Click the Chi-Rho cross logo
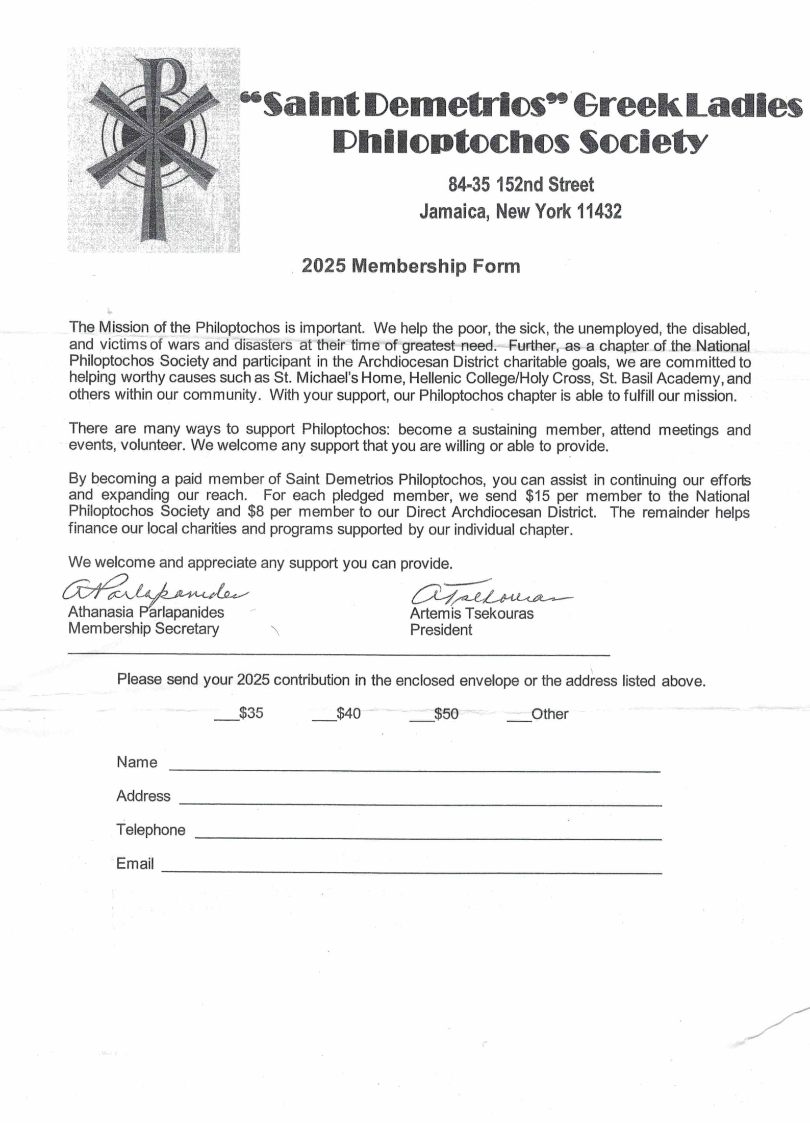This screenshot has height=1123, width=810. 154,150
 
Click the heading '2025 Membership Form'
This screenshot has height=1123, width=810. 411,266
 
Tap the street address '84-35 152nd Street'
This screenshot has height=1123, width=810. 521,184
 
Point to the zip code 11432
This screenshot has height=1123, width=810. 599,211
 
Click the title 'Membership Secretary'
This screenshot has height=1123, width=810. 143,628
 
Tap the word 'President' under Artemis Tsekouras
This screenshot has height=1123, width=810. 441,630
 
